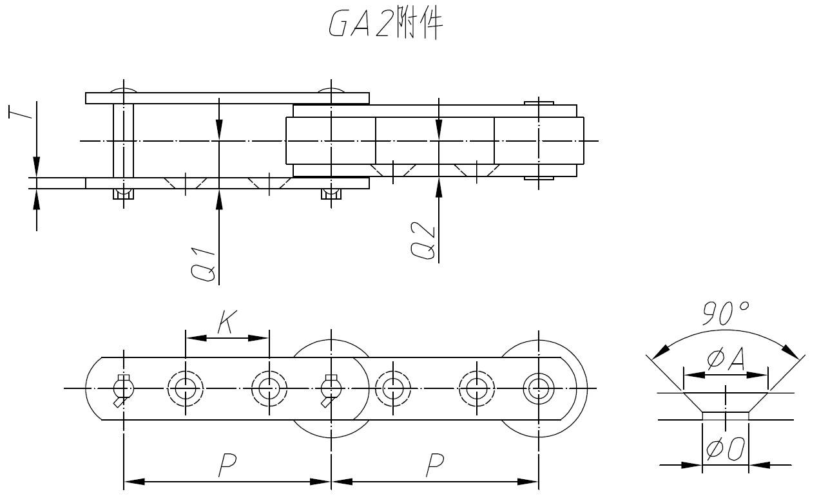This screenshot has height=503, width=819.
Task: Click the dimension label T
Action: tap(19, 113)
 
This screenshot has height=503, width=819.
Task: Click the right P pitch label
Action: tap(436, 466)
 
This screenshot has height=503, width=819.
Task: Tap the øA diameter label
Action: tap(726, 359)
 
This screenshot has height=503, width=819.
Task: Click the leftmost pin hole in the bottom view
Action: tap(123, 388)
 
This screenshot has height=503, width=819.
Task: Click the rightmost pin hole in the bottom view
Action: tap(538, 388)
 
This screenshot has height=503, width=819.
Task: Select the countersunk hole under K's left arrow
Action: tap(186, 388)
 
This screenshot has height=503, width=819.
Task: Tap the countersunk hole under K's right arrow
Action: tap(269, 388)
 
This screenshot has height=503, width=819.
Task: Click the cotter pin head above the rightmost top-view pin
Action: tap(539, 103)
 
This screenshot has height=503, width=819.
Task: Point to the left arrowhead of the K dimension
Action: tap(192, 337)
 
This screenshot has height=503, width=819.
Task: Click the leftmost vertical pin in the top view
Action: tap(123, 140)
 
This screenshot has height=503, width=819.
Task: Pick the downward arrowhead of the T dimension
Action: tap(37, 168)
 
